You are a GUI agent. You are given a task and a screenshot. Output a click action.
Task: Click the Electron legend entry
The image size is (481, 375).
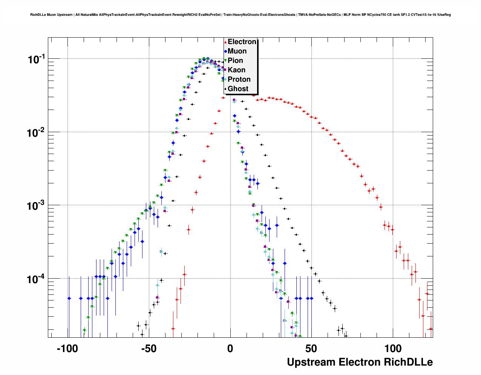tap(242, 42)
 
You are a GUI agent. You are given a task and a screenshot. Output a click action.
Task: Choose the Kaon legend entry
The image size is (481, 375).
tap(236, 70)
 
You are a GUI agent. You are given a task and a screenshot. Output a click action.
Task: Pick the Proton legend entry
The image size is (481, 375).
tap(239, 79)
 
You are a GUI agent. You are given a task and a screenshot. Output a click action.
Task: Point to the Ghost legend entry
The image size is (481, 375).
tap(238, 89)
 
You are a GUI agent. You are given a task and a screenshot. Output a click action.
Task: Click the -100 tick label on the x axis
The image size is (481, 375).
tap(67, 349)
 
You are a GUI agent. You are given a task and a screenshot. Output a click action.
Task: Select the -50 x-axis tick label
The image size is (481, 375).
tap(149, 349)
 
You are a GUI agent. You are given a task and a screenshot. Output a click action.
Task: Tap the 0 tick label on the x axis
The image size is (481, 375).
tap(230, 349)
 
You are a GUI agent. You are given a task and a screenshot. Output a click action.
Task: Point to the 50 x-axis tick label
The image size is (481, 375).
tap(311, 349)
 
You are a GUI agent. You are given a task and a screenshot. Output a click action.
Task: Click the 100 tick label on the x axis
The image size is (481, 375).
tap(393, 349)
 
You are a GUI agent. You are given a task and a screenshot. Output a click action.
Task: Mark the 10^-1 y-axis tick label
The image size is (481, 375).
tap(36, 59)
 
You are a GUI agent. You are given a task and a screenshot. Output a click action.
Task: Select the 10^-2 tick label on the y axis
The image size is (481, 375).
tap(36, 133)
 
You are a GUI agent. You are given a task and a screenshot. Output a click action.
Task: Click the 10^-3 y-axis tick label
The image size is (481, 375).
tap(36, 206)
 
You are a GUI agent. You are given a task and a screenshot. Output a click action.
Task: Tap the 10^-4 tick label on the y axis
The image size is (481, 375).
tap(36, 279)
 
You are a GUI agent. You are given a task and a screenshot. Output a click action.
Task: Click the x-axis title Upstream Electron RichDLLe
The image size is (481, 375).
tap(360, 362)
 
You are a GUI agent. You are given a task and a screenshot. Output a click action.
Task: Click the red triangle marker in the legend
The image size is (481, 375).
tap(225, 42)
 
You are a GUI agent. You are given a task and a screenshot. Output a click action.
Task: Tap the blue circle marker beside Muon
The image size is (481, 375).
tap(225, 52)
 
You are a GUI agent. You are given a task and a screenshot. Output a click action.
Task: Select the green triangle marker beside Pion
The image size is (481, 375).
tap(225, 61)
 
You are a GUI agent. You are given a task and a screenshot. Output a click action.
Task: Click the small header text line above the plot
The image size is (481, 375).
tap(240, 15)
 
